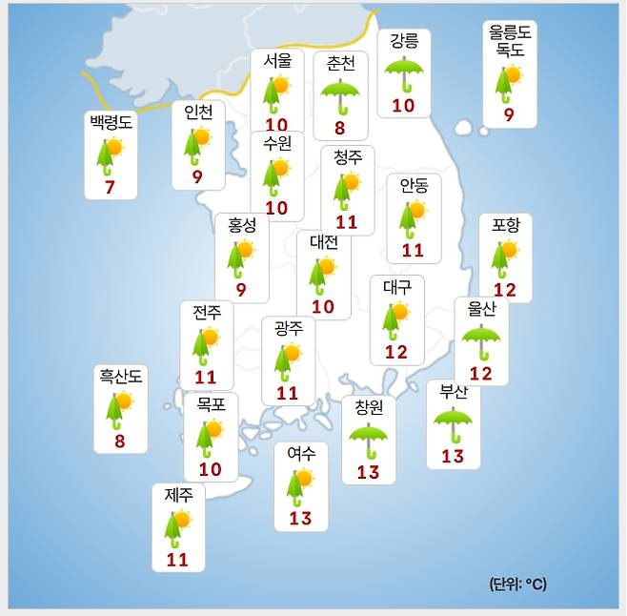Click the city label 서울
[x=277, y=59]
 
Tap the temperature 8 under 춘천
[x=340, y=127]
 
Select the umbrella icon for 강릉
[x=403, y=72]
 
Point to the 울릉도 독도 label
[x=510, y=41]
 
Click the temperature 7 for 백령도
[x=110, y=186]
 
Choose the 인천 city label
[x=198, y=112]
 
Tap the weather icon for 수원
[x=276, y=175]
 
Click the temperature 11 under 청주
[x=346, y=222]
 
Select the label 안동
[x=414, y=184]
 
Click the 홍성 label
[x=242, y=225]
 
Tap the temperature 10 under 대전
[x=323, y=307]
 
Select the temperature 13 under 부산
[x=453, y=457]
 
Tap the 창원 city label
[x=368, y=407]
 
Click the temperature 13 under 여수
[x=300, y=519]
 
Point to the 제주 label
[x=178, y=495]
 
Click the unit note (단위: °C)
[x=518, y=584]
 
